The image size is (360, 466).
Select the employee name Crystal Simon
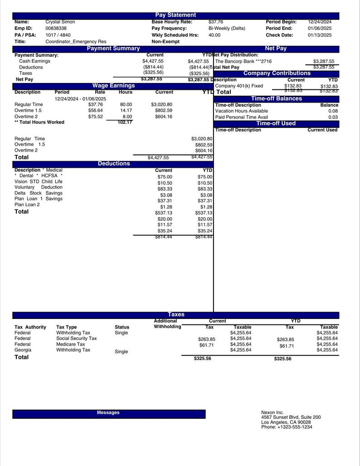60,22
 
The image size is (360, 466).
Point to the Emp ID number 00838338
56,28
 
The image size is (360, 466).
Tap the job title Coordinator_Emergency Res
76,41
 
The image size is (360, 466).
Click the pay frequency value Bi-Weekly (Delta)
227,28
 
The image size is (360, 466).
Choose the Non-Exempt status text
165,41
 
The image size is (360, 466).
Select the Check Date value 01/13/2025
320,35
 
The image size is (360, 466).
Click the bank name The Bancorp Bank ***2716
243,61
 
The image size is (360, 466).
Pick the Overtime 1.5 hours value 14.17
126,110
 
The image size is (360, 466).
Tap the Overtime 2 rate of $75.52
96,117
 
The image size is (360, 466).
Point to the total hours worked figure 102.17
125,122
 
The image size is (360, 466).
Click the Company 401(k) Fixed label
239,86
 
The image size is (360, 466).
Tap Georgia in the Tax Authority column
23,350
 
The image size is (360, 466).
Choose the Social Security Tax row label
76,338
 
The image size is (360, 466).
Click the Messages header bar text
108,412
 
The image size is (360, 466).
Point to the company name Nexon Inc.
272,412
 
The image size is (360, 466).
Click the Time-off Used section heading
276,123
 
